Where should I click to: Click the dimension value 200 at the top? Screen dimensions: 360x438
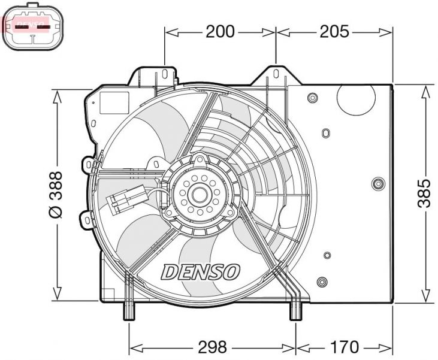[x=220, y=32]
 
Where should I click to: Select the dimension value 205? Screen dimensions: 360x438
[x=334, y=32]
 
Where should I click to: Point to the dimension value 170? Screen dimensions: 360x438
[x=344, y=346]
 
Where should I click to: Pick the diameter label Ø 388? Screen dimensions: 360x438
[x=55, y=195]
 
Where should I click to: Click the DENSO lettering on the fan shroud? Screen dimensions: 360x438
[x=201, y=271]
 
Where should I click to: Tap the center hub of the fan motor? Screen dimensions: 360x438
[x=199, y=193]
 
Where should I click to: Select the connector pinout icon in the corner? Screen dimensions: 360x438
[x=34, y=27]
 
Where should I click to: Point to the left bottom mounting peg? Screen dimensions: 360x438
[x=129, y=310]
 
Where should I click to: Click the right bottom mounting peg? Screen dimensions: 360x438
[x=295, y=310]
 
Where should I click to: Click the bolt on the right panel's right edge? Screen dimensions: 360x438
[x=377, y=184]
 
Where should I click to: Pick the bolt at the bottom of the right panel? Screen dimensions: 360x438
[x=322, y=281]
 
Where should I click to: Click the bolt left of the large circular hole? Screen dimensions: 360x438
[x=312, y=98]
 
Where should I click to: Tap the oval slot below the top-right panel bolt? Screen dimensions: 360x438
[x=325, y=133]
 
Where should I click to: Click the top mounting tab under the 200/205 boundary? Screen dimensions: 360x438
[x=276, y=75]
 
